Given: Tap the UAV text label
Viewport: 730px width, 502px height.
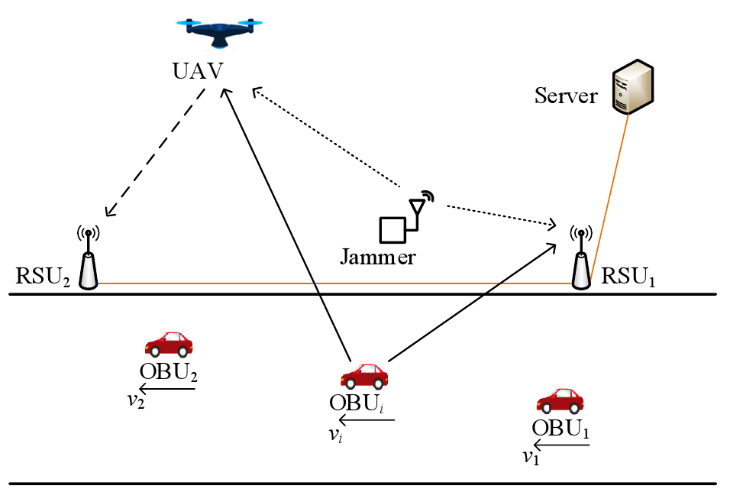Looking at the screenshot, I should [x=197, y=73].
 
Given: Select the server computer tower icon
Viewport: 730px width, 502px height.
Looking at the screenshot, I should [x=633, y=85].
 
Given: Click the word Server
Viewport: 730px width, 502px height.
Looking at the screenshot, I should [x=566, y=96].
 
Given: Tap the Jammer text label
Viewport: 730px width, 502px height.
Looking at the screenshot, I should [x=378, y=256].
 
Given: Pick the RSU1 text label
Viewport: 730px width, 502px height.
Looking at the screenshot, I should [x=629, y=276].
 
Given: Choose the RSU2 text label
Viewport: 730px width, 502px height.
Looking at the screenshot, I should [x=43, y=276].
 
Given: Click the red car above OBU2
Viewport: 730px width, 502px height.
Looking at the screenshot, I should [x=168, y=345].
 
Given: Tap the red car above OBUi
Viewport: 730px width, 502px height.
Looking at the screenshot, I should [x=364, y=376].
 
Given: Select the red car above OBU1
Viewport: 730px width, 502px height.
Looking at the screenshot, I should [x=560, y=401].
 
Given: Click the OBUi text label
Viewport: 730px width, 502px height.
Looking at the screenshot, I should [x=357, y=402].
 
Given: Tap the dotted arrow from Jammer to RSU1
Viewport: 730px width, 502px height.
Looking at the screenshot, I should [x=500, y=215].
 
